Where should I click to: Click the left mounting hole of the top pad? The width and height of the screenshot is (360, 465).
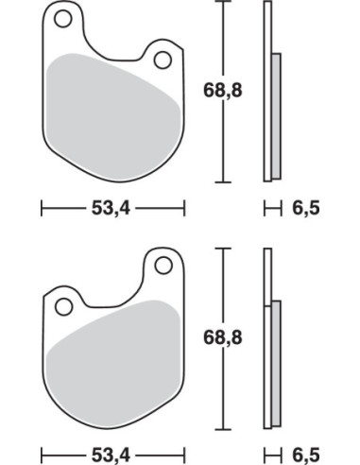click(x=63, y=19)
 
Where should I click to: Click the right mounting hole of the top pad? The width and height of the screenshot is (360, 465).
click(x=163, y=60)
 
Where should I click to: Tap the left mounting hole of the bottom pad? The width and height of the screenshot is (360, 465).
click(x=63, y=306)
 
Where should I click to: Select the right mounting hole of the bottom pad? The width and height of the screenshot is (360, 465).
click(x=163, y=266)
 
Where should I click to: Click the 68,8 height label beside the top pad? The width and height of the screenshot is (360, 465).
click(x=223, y=91)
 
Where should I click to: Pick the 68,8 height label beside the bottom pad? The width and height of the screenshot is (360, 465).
click(x=223, y=338)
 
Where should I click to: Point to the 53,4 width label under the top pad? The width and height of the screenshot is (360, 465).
click(x=111, y=208)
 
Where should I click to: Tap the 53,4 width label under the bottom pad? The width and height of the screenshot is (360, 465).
click(x=111, y=455)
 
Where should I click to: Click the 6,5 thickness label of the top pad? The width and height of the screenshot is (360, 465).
click(x=306, y=208)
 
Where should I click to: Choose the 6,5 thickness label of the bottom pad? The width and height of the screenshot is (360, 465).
click(x=306, y=455)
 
